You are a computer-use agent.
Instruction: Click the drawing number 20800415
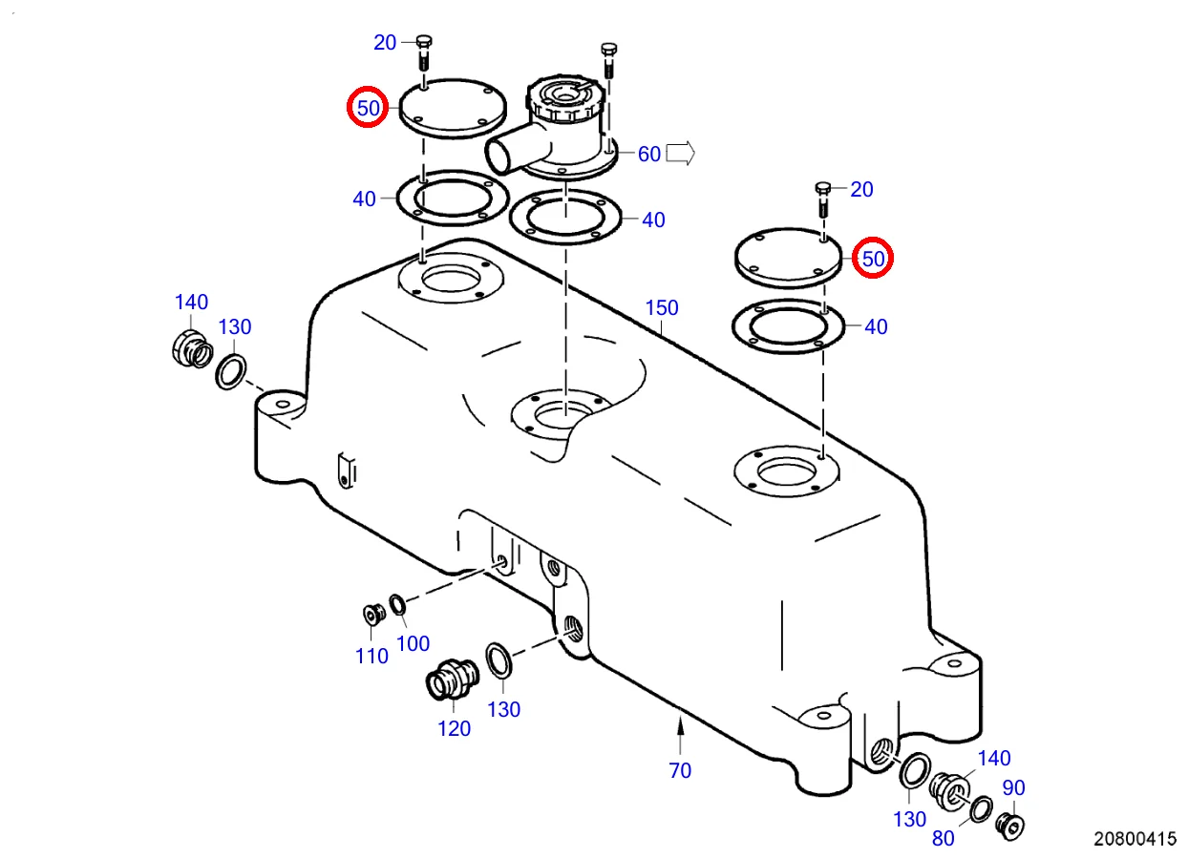point(1135,839)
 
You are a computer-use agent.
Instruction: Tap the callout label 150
point(662,307)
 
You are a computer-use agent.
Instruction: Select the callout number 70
point(680,769)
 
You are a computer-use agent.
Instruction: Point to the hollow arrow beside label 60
point(680,153)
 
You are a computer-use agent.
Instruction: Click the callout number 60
point(649,154)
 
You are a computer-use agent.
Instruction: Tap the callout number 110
point(371,656)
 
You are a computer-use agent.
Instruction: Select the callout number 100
point(413,643)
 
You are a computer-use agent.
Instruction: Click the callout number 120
point(454,728)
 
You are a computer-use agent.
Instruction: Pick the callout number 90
point(1013,788)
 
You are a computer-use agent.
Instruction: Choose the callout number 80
point(943,839)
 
